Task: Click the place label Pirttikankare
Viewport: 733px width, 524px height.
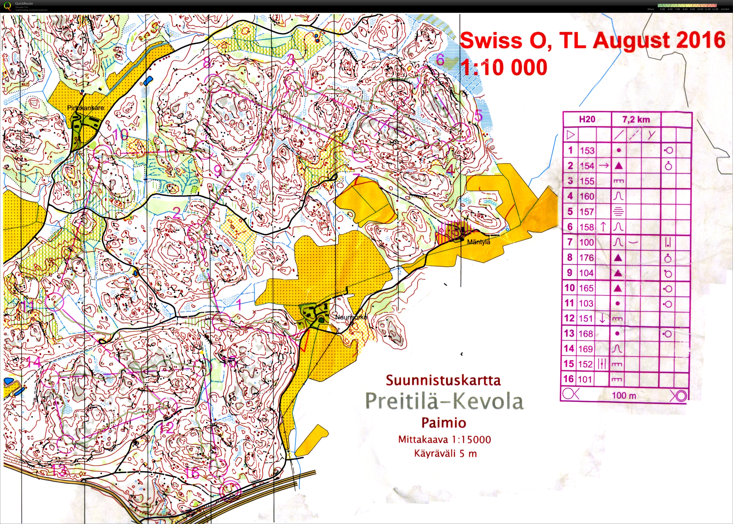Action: coord(85,108)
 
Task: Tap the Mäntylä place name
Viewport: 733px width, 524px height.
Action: coord(479,242)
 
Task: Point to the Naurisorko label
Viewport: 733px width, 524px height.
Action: coord(351,317)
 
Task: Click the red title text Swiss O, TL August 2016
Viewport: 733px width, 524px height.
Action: coord(593,40)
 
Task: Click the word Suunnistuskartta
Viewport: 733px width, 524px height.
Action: coord(443,380)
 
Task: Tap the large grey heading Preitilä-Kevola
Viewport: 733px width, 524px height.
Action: coord(444,401)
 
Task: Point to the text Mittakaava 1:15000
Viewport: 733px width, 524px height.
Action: coord(444,440)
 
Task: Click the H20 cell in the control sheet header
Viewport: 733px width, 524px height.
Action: coord(587,119)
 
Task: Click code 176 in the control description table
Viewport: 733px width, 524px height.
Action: coord(586,257)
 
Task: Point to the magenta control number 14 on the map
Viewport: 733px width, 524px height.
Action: coord(34,362)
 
